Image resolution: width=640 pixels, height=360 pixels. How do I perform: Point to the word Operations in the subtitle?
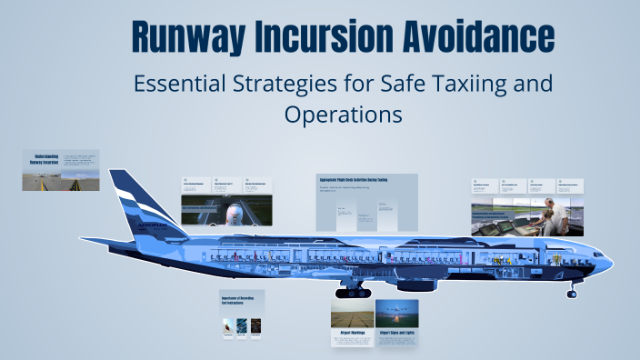click(342, 116)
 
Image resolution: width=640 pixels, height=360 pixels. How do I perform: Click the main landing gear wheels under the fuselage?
click(353, 292)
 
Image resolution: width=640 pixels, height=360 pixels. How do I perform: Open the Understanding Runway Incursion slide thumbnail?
click(61, 170)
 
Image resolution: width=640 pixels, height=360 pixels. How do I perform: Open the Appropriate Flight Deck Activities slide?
click(366, 202)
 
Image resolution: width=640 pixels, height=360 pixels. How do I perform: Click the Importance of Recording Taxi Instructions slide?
click(242, 315)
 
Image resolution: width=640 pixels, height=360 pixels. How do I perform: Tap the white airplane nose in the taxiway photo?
click(234, 214)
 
